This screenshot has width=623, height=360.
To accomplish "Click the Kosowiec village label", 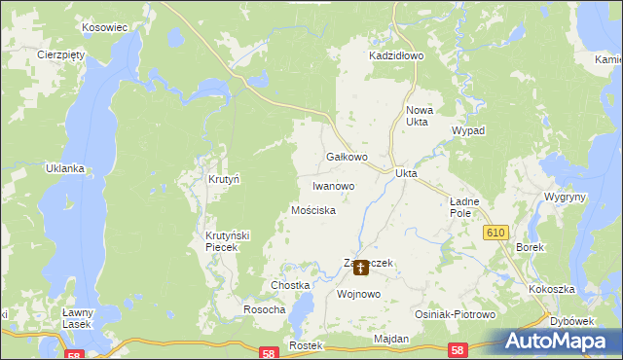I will pyautogui.click(x=106, y=28).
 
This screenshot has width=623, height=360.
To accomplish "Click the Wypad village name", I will pyautogui.click(x=468, y=130).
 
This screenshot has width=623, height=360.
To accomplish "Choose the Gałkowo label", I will pyautogui.click(x=346, y=157).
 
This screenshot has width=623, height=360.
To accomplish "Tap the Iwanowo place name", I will pyautogui.click(x=333, y=186).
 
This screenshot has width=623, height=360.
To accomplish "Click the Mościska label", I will pyautogui.click(x=313, y=210).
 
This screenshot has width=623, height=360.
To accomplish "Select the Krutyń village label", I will pyautogui.click(x=224, y=180).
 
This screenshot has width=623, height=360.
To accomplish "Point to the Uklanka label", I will pyautogui.click(x=65, y=168).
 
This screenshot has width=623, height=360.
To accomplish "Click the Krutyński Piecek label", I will pyautogui.click(x=228, y=241).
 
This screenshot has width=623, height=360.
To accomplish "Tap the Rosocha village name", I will pyautogui.click(x=264, y=309).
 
